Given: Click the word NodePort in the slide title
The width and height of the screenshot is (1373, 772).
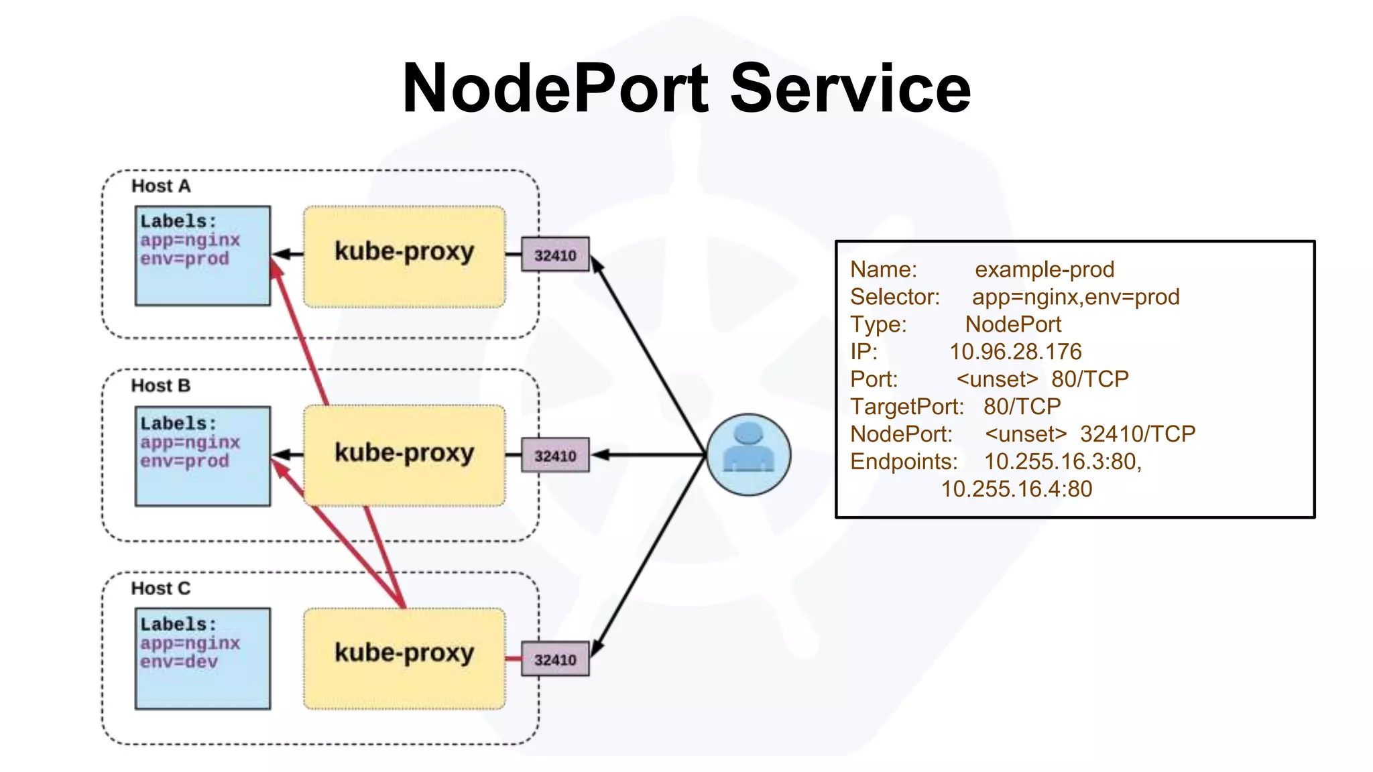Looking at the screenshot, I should [x=555, y=88].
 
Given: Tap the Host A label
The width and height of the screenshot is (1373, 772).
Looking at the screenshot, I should [x=161, y=186].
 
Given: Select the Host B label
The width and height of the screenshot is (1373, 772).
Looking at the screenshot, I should [x=161, y=386].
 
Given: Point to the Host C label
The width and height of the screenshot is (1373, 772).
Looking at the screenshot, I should [x=161, y=588].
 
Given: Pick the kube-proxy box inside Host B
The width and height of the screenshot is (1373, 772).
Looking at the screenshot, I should [x=404, y=455].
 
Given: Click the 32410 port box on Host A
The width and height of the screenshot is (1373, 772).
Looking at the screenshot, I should [x=555, y=255].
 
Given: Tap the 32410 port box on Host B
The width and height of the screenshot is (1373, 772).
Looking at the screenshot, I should [x=555, y=456].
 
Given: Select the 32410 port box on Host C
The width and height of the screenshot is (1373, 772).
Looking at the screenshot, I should [x=555, y=659].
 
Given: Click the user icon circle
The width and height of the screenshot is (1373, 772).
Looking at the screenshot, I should [x=749, y=454].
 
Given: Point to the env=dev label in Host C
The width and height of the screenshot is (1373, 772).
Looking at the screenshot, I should [x=179, y=662].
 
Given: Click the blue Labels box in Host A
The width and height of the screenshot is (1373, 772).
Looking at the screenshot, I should [x=202, y=256].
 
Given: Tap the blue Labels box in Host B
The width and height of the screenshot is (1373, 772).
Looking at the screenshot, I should [x=202, y=456].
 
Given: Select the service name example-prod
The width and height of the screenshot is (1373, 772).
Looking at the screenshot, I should [x=1044, y=269].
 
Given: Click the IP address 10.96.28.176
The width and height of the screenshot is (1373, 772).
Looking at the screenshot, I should [x=1015, y=352].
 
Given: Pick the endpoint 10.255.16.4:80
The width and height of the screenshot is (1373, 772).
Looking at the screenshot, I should [x=1016, y=489].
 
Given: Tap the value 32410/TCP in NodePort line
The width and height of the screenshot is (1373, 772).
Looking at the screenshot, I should [x=1138, y=434].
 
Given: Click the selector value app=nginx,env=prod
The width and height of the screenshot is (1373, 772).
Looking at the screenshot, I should [x=1075, y=297].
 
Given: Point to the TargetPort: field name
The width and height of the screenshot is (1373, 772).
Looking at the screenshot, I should [x=906, y=407].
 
